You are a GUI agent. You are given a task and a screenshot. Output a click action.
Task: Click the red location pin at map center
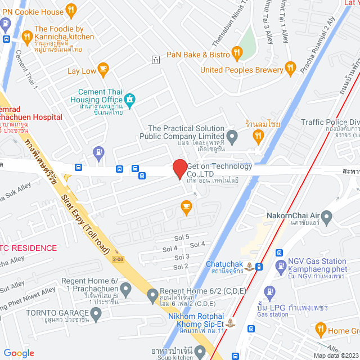pyautogui.click(x=179, y=169)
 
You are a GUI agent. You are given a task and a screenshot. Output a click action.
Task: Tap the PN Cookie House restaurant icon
pyautogui.click(x=71, y=10)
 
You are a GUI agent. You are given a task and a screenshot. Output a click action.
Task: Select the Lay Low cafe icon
pyautogui.click(x=103, y=69)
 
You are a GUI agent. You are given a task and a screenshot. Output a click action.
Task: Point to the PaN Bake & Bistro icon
pyautogui.click(x=237, y=54)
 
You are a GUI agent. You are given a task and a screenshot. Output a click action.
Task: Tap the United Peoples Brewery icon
pyautogui.click(x=290, y=69)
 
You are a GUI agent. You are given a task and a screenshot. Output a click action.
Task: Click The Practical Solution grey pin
pyautogui.click(x=232, y=135)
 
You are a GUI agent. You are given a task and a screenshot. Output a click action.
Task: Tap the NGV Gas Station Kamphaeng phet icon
pyautogui.click(x=280, y=265)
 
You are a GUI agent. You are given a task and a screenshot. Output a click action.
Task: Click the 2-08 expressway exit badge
pyautogui.click(x=118, y=259)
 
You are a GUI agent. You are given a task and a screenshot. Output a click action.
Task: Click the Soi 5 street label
pyautogui.click(x=183, y=237)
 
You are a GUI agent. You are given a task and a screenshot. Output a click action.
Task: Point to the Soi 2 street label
pyautogui.click(x=181, y=266)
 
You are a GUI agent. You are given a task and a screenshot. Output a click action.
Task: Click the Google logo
pyautogui.click(x=19, y=353)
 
